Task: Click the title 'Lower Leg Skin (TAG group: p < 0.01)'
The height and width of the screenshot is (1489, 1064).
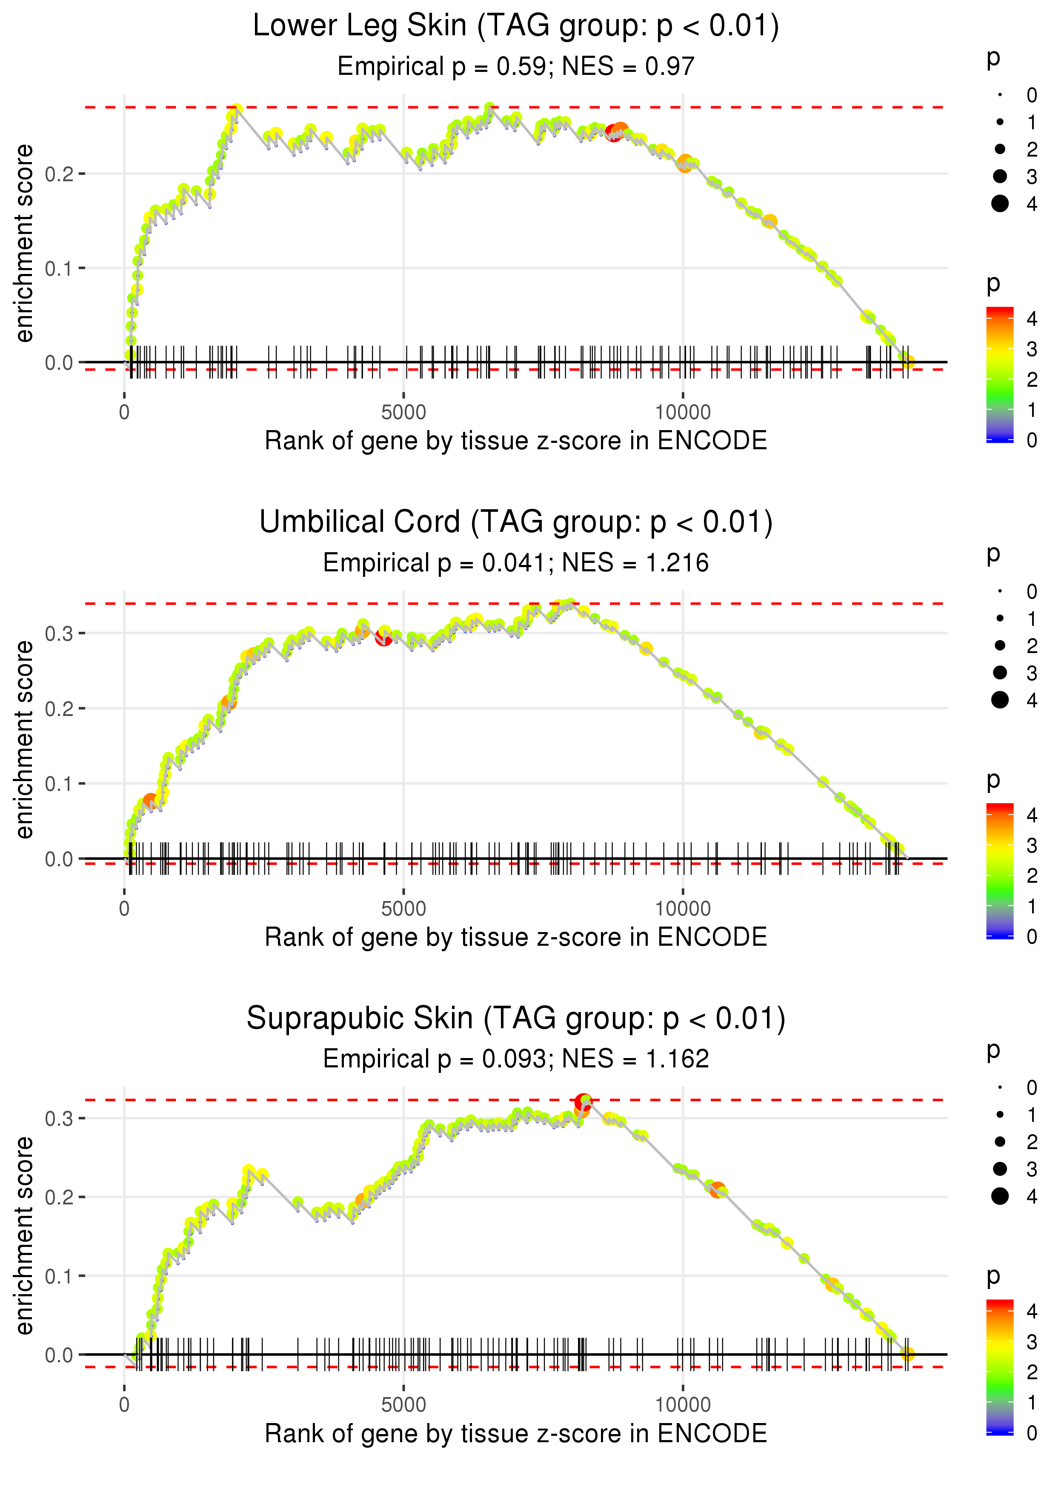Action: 516,26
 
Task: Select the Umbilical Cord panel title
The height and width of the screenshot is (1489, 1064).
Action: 516,522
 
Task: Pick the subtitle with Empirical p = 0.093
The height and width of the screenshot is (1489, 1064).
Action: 516,1059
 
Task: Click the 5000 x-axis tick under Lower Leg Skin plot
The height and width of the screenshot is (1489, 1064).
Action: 403,413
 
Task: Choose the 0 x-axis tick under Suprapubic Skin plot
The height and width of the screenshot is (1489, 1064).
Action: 124,1405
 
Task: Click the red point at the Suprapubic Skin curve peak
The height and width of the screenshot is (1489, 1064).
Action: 582,1103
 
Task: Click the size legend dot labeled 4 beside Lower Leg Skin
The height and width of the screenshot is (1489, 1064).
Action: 1000,204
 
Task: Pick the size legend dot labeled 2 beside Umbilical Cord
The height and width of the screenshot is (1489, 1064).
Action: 1000,646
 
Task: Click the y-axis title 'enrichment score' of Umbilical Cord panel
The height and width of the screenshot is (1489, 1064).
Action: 24,740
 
